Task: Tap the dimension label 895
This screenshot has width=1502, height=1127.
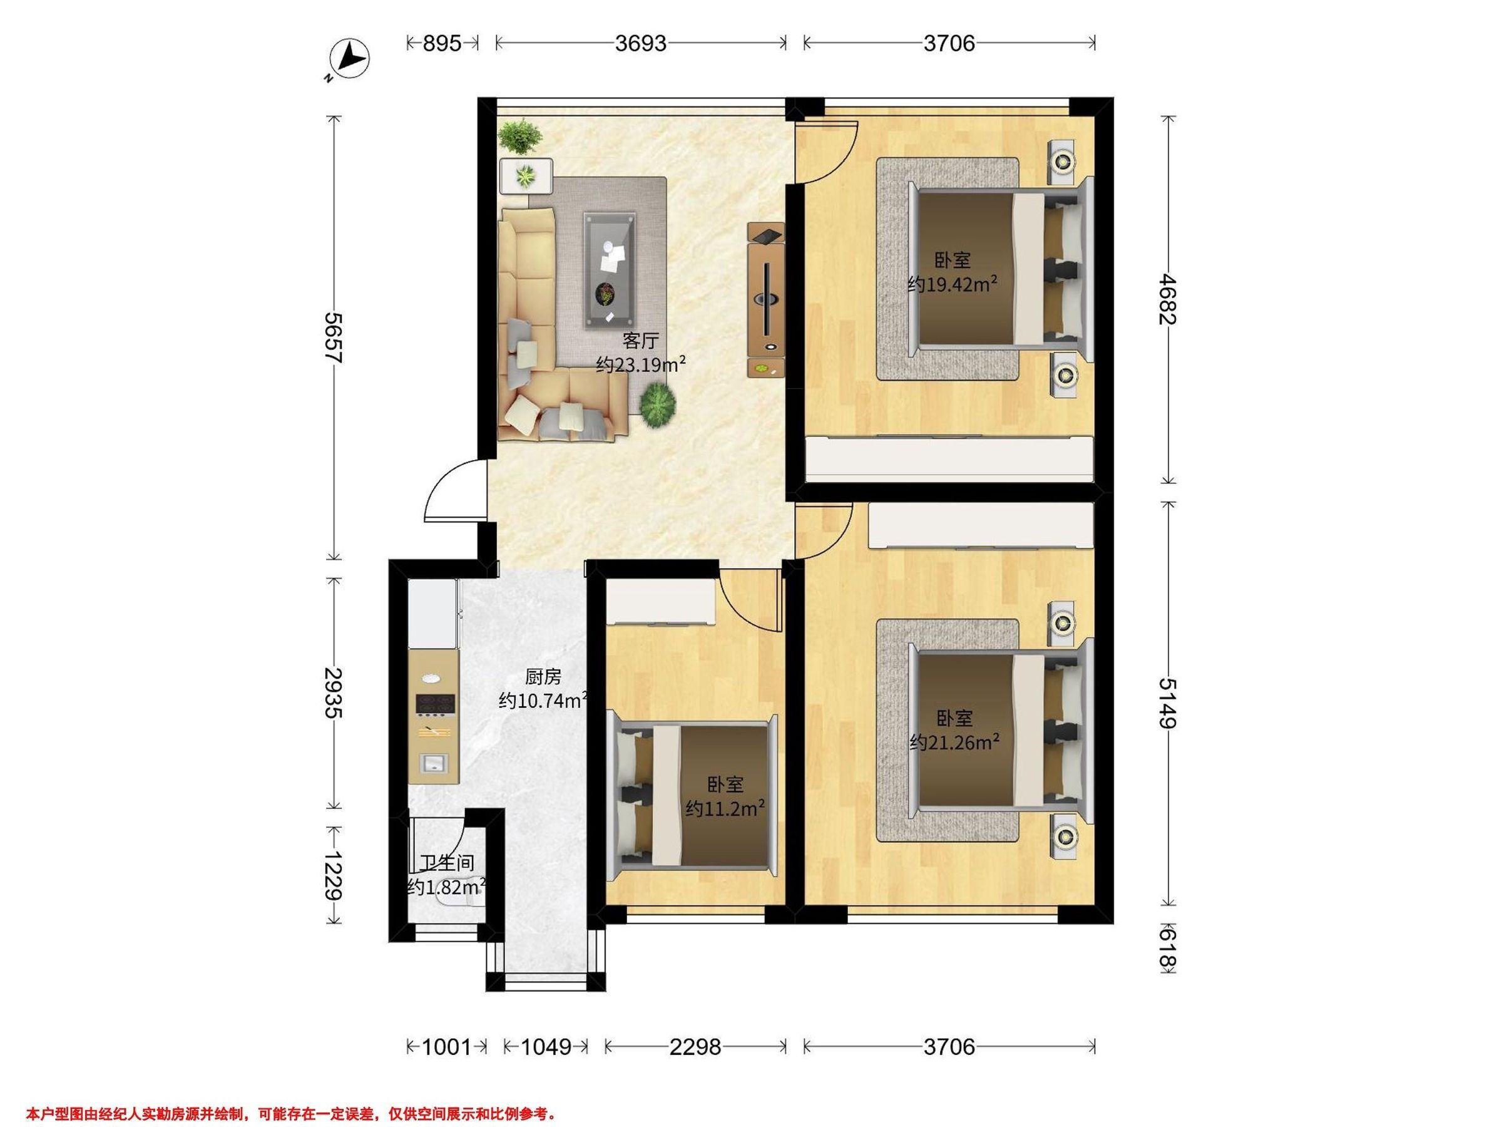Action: (x=442, y=43)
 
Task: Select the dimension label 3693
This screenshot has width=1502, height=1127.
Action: (x=640, y=43)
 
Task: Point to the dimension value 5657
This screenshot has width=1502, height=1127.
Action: (x=334, y=337)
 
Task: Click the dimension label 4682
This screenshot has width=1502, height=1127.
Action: (x=1168, y=299)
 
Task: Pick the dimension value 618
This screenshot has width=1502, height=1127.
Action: (x=1168, y=949)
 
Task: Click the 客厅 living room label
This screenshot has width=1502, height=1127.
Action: (x=640, y=341)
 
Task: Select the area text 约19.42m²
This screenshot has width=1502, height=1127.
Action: (x=953, y=284)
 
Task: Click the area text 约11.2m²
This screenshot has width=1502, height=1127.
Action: (x=725, y=808)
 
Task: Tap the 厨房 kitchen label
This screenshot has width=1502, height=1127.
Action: (x=543, y=677)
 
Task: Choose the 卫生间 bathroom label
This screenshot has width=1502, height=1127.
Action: (x=446, y=863)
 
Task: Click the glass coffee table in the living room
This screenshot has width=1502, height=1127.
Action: (x=610, y=270)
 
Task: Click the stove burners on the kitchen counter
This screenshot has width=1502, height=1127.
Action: (x=434, y=704)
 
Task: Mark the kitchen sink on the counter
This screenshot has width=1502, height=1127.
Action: (x=432, y=762)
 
